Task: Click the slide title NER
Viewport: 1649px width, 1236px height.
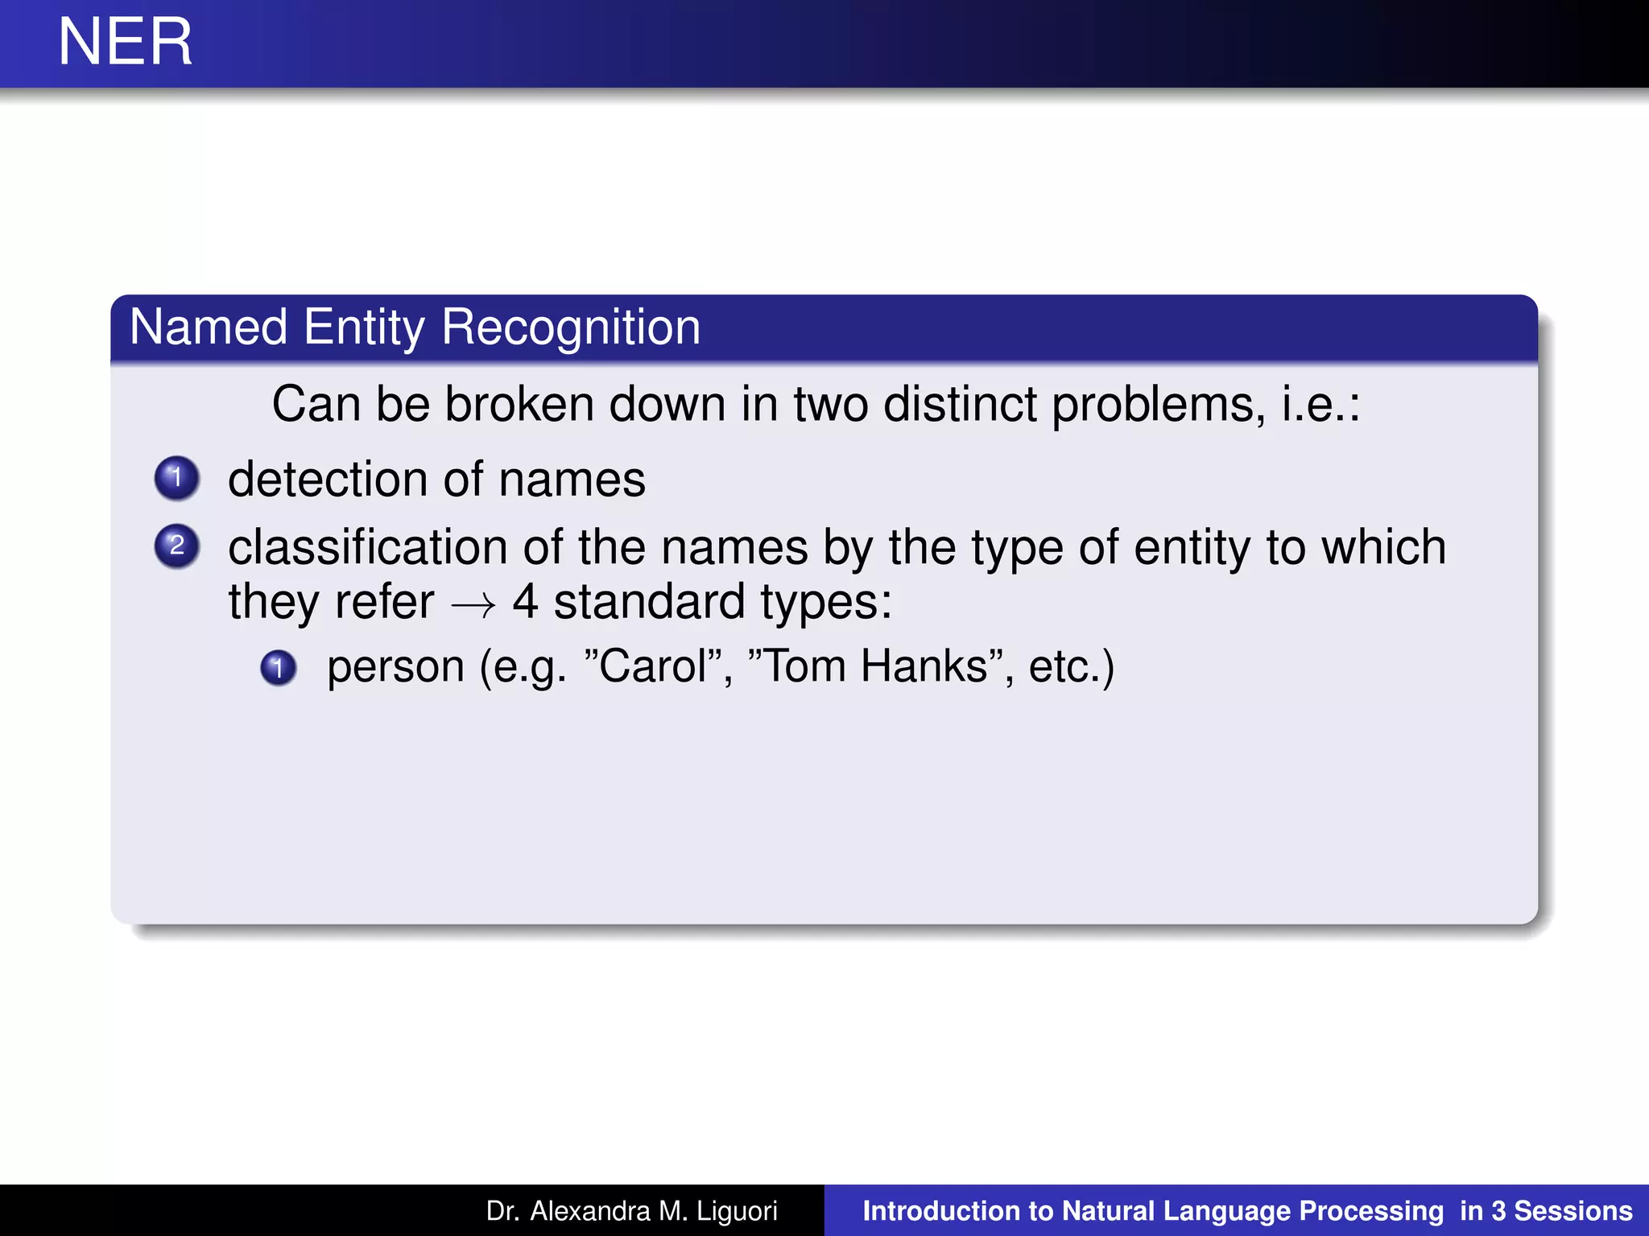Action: coord(126,42)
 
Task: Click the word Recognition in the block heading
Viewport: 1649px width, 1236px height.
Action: coord(571,328)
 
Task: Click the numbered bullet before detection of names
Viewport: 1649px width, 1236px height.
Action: coord(177,478)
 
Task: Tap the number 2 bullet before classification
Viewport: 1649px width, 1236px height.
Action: coord(177,546)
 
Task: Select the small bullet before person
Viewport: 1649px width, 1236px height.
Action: coord(279,667)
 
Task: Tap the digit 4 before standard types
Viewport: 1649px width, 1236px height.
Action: coord(525,602)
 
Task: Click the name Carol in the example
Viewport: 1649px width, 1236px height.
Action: coord(652,667)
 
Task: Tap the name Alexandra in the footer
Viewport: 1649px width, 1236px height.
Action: coord(590,1211)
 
